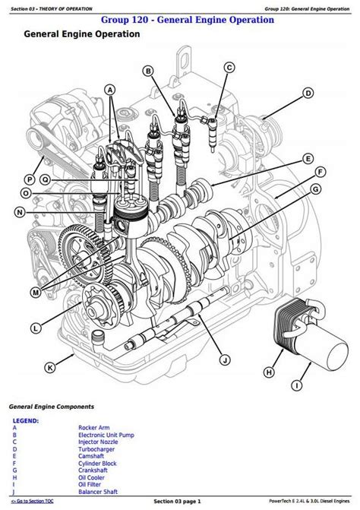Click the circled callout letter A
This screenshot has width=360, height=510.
coord(110,90)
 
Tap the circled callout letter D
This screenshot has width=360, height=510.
coord(308,93)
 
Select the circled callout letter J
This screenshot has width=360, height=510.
coord(225,360)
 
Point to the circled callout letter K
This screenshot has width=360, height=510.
coord(49,368)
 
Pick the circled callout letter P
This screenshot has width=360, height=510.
coord(30,179)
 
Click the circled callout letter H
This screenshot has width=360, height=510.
coord(269,372)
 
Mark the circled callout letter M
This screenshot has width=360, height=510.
coord(36,293)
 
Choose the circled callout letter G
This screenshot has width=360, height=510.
coord(315,189)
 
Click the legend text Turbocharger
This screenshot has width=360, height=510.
coord(96,449)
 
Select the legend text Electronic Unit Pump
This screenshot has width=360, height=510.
coord(106,435)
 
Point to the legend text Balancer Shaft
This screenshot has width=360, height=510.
coord(98,492)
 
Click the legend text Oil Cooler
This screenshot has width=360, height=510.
coord(91,477)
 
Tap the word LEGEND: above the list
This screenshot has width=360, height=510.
coord(26,421)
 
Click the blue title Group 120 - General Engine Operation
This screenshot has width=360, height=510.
coord(188,20)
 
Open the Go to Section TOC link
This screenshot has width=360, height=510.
coord(33,501)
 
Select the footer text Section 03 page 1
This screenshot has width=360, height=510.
coord(178,501)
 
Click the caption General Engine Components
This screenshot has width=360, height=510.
coord(52,407)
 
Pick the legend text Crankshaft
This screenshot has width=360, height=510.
coord(93,470)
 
